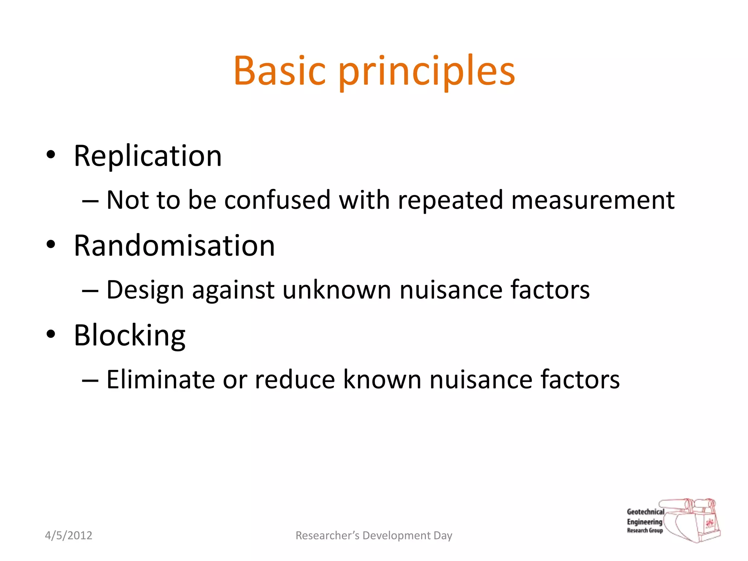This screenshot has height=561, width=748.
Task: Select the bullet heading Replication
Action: [148, 156]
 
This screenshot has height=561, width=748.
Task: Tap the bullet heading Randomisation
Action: [174, 246]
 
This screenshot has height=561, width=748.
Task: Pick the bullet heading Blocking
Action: [130, 335]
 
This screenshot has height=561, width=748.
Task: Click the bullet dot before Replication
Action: [51, 154]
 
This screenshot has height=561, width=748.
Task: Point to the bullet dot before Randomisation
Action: [51, 244]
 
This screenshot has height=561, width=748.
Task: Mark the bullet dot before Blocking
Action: [51, 333]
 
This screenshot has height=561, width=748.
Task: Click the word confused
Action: [277, 200]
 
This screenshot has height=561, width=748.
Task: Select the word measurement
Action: [592, 200]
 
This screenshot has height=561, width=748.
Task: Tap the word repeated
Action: [450, 201]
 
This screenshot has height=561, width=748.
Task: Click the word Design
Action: [145, 290]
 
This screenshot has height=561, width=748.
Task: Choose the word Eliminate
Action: [160, 379]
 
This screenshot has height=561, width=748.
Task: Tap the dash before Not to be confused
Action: [90, 201]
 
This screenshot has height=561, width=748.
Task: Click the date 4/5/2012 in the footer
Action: [69, 535]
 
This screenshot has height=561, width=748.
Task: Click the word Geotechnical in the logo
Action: [645, 512]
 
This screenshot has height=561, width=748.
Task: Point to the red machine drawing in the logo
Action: [694, 520]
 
